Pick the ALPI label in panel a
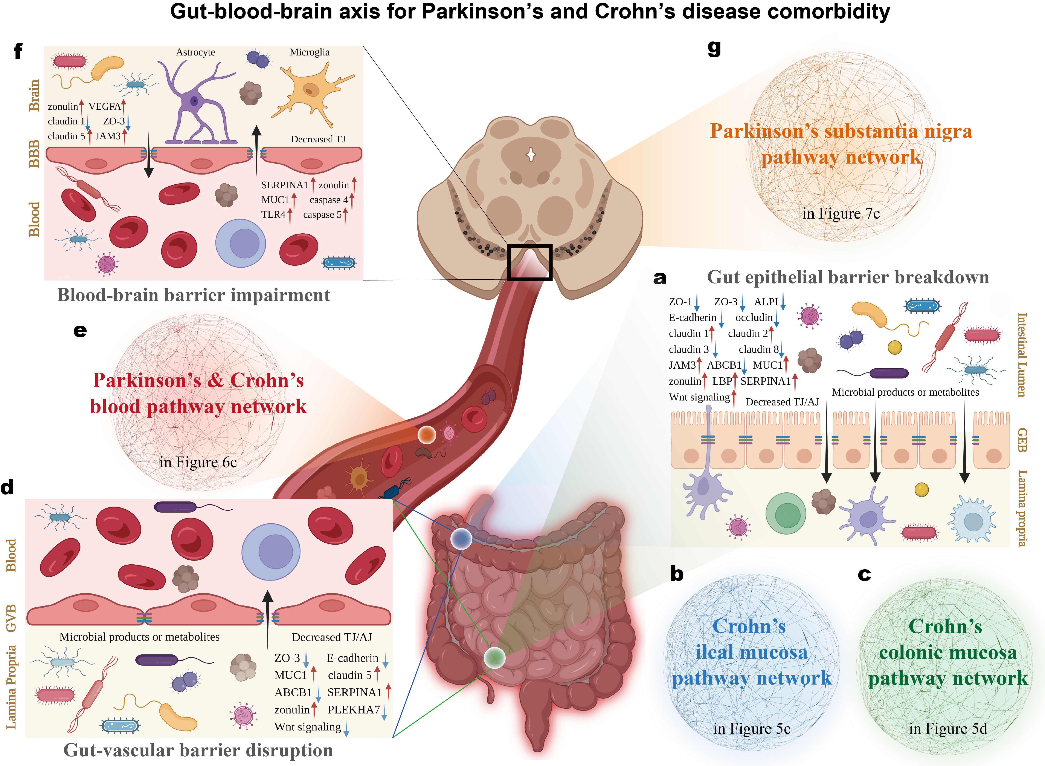pos(766,302)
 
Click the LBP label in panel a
pos(722,381)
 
